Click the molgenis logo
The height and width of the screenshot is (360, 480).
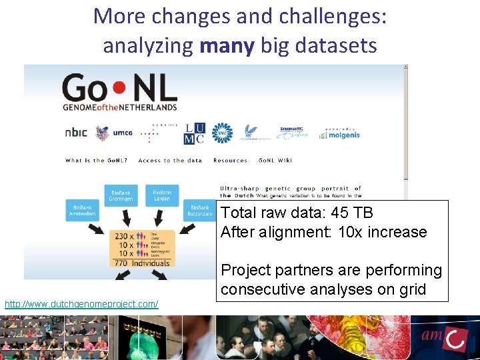point(341,133)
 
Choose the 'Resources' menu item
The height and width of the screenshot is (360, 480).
point(230,161)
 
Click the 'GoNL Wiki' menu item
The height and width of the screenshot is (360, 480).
point(275,161)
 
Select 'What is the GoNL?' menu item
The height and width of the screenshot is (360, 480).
point(96,161)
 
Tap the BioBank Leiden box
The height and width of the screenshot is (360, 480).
point(162,194)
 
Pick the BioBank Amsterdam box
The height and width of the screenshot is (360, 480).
point(83,211)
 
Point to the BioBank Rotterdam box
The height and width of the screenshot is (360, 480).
point(200,211)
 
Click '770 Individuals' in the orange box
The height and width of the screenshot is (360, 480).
point(141,263)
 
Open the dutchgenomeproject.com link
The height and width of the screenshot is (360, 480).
point(81,304)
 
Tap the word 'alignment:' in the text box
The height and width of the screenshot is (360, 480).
point(293,232)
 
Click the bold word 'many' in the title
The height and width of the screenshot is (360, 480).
point(227,45)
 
